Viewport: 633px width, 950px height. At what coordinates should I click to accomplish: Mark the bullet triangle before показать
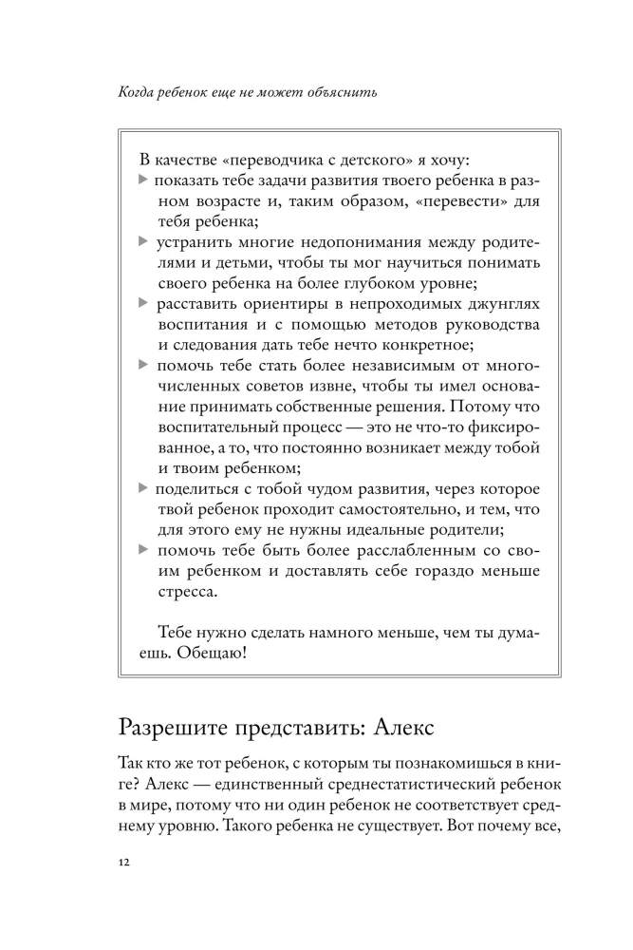pyautogui.click(x=143, y=180)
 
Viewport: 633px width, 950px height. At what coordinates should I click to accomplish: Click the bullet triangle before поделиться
pyautogui.click(x=143, y=487)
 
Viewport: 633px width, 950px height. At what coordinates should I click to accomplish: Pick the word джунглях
pyautogui.click(x=493, y=303)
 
